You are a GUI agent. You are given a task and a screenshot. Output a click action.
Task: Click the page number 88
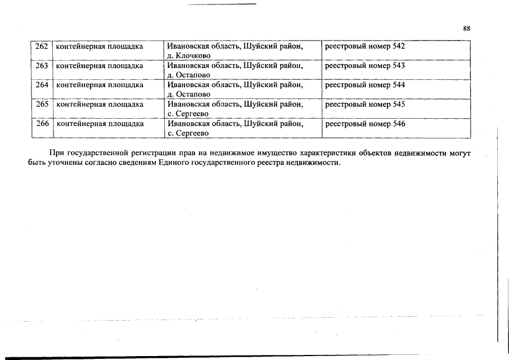coord(466,29)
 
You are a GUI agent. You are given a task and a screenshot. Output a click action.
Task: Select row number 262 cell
coord(42,46)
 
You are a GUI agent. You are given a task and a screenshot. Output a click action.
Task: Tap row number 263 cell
coord(42,66)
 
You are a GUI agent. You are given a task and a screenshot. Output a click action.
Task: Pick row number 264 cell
coord(42,85)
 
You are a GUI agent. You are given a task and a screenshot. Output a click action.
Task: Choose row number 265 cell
coord(42,104)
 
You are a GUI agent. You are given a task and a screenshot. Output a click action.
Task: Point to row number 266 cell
coord(42,124)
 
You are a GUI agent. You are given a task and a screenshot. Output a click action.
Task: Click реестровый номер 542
coord(365,46)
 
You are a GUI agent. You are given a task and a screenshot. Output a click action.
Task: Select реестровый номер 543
coord(365,66)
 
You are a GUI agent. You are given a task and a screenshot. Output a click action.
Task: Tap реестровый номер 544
coord(365,85)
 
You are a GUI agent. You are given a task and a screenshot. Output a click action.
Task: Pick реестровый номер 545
coord(365,104)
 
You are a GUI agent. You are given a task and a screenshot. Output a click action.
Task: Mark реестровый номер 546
coord(365,124)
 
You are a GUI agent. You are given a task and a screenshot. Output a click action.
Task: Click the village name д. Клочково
coord(189,56)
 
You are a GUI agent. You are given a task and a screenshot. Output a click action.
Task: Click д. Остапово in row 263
coord(189,75)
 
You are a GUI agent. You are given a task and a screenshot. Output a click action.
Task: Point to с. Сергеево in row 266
coord(188,133)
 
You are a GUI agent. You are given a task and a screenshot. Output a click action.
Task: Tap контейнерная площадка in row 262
coord(100,46)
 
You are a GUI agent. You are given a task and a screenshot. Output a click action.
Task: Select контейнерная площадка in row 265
coord(100,104)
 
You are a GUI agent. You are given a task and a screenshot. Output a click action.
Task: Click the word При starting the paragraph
coord(57,153)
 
